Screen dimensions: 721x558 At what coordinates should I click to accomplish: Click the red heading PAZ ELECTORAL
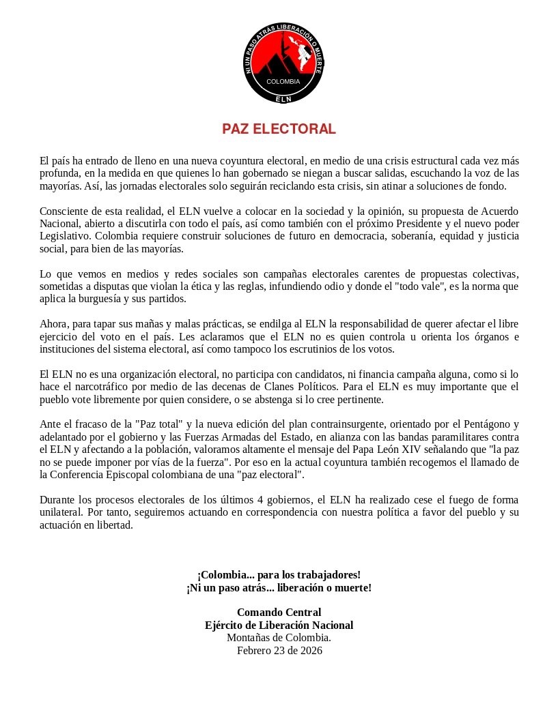tap(279, 129)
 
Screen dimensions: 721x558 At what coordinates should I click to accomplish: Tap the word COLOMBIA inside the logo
tap(283, 82)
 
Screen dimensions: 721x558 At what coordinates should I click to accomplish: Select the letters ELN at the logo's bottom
tap(283, 99)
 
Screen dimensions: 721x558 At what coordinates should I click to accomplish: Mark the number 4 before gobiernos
tap(260, 499)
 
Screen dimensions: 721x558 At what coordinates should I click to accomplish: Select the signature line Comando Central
tap(279, 612)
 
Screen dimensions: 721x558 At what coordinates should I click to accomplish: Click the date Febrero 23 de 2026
tap(279, 650)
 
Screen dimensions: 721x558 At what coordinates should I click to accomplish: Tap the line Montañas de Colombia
tap(279, 637)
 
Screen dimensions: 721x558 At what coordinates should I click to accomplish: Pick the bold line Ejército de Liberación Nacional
tap(279, 625)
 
